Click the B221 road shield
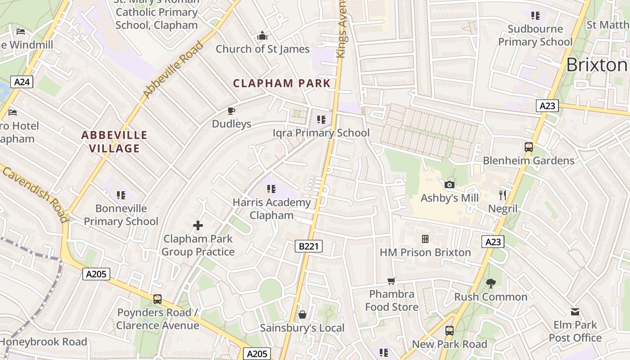(309, 246)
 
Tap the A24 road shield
(22, 82)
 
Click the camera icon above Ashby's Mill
(449, 184)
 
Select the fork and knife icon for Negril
(503, 195)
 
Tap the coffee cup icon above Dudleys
(231, 111)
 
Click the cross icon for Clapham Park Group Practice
(198, 225)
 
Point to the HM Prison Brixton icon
(425, 238)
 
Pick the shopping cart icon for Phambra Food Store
(391, 281)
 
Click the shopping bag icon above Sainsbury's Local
(302, 314)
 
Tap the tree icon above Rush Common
(490, 283)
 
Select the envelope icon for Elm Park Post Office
(575, 311)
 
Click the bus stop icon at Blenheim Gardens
(528, 147)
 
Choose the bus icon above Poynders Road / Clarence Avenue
(157, 299)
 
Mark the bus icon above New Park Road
(449, 330)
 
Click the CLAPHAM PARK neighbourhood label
(282, 83)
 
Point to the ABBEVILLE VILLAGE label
(114, 142)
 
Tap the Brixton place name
(597, 65)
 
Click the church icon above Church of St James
(262, 36)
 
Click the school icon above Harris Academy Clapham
(271, 189)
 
